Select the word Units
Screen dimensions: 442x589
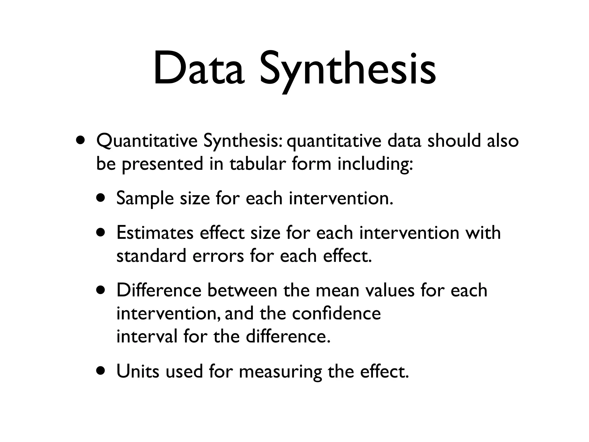point(137,371)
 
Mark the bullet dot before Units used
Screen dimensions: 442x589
point(101,371)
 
